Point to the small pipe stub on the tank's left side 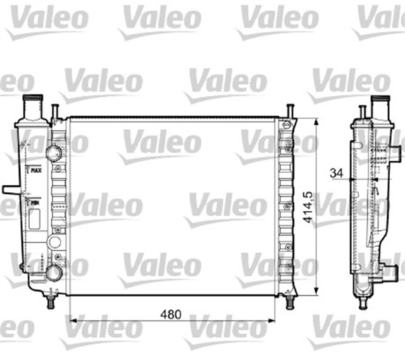coord(10,189)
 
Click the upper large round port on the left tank coord(54,153)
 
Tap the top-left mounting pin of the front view coord(55,112)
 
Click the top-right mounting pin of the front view coord(289,111)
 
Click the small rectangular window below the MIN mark coord(34,218)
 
